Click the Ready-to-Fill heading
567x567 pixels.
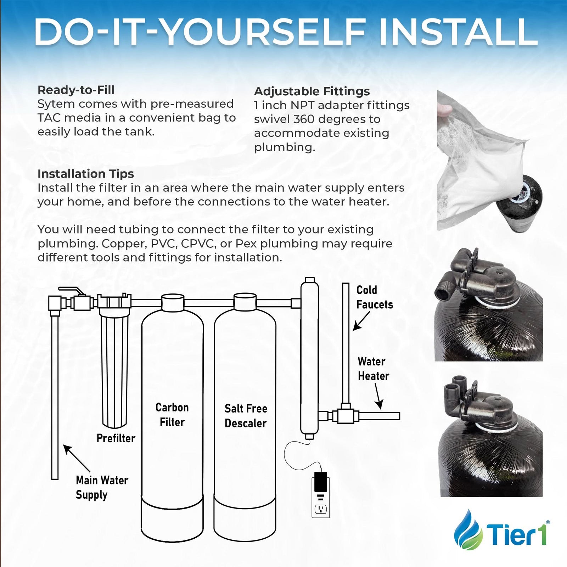point(76,90)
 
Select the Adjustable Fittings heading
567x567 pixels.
point(312,91)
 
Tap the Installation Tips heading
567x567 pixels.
point(86,174)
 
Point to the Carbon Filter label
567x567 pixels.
point(172,415)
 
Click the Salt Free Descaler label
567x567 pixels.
point(246,416)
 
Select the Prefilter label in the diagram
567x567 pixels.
point(116,438)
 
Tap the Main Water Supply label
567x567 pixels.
point(102,488)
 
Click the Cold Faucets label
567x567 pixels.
point(375,297)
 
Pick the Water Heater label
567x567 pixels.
point(373,369)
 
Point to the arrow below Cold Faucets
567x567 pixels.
point(361,321)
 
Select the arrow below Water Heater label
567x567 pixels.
point(378,397)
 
